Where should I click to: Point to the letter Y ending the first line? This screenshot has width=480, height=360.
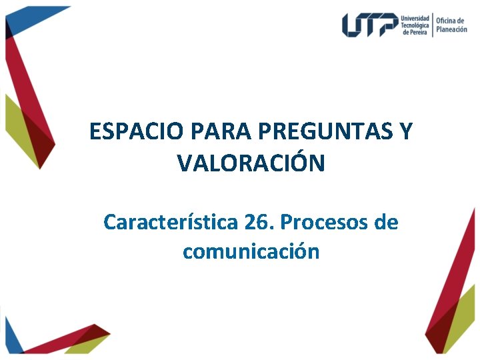pos(405,132)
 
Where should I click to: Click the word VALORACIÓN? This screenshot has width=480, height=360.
pos(251,163)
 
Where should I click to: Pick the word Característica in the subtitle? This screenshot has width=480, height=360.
pos(170,222)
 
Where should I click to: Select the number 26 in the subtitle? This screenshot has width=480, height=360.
pos(256,222)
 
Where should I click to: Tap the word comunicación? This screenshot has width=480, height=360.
pos(251,252)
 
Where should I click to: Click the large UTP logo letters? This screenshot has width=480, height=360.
pos(370,25)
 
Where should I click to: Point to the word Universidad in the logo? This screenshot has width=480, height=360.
pos(415,17)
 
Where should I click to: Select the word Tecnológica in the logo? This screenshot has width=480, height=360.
pos(415,25)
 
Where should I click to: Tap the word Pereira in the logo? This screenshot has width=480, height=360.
pos(419,33)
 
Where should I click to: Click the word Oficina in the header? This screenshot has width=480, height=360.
pos(449,21)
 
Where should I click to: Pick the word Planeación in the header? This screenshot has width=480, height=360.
pos(452,29)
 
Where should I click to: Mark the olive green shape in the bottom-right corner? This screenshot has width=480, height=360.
pos(463,330)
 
